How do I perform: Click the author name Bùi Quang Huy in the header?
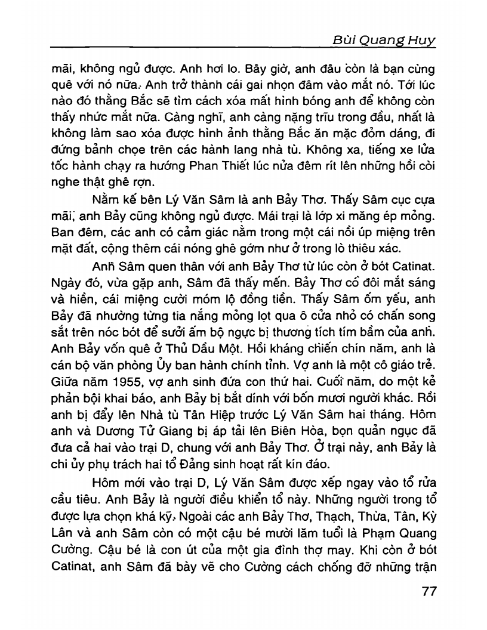coord(383,40)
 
